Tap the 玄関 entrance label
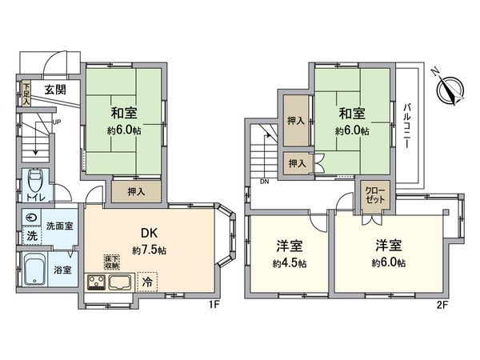(x=55, y=89)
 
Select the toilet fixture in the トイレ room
(x=34, y=179)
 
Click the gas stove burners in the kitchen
(x=97, y=281)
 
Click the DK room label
(x=150, y=233)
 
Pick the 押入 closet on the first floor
(x=135, y=191)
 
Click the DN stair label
(x=265, y=182)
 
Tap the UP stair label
(x=56, y=122)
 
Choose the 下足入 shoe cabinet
(x=26, y=94)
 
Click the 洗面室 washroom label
(x=59, y=226)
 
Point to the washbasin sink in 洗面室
(x=32, y=218)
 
